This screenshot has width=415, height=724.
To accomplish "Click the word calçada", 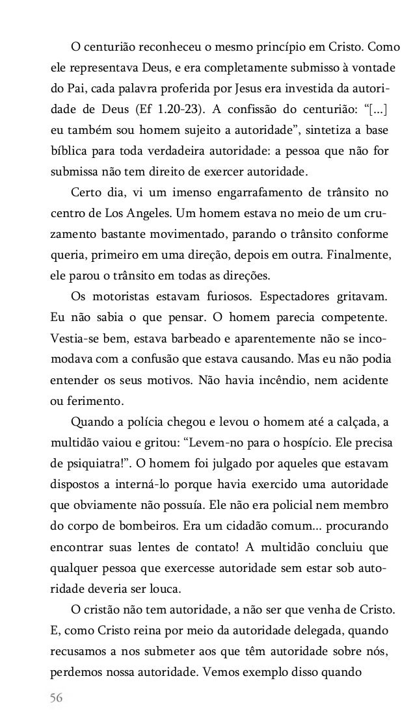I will (354, 424).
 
